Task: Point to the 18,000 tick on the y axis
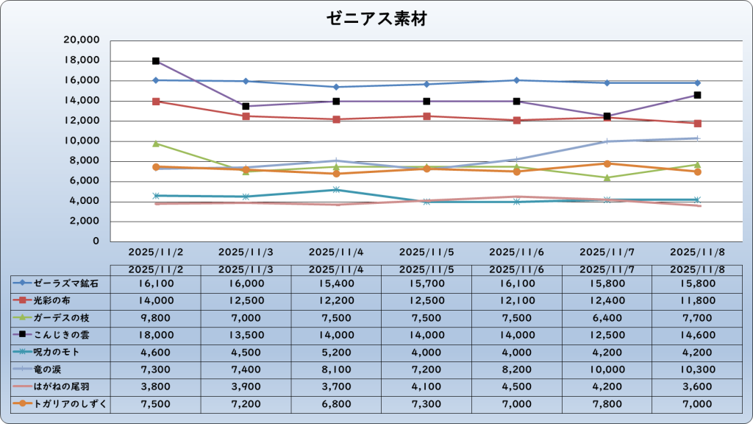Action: [x=83, y=60]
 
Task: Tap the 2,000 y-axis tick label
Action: [x=86, y=221]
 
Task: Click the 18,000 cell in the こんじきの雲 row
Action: [x=155, y=334]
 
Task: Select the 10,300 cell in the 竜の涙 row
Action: [x=697, y=369]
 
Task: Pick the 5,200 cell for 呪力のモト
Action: [x=336, y=352]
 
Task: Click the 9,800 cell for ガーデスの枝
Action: [x=155, y=317]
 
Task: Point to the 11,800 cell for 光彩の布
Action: [x=697, y=300]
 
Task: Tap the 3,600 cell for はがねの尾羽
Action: [x=697, y=386]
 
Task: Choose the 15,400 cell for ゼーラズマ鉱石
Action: [x=336, y=283]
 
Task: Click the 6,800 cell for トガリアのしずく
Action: [x=336, y=403]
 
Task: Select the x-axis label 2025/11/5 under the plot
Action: [x=427, y=252]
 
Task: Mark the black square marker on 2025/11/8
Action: [x=697, y=95]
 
